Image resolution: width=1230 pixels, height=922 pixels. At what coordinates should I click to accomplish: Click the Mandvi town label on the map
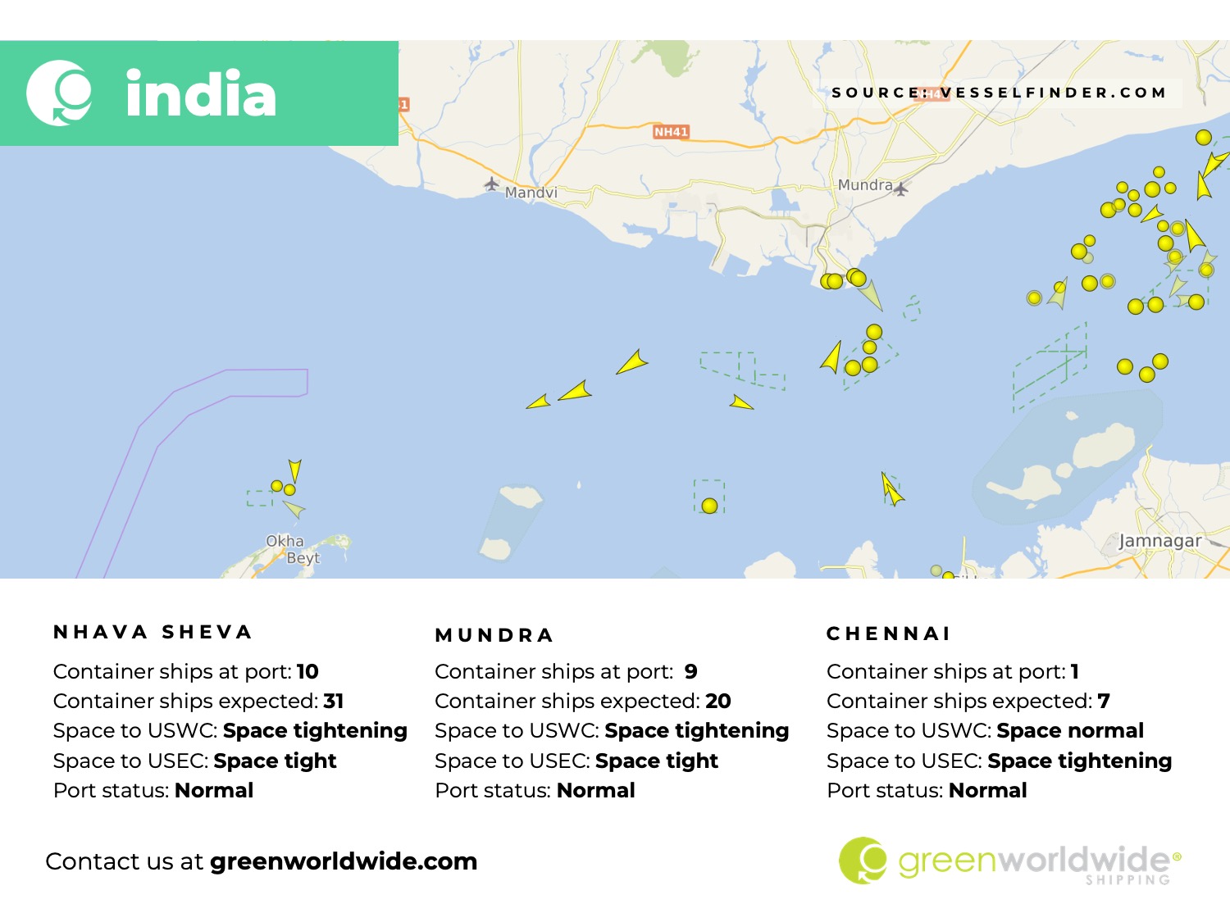531,193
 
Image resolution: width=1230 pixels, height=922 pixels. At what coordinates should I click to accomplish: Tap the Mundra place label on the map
864,185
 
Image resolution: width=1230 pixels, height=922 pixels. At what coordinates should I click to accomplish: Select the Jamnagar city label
1159,541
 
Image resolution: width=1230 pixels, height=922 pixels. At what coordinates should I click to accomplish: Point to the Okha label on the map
285,541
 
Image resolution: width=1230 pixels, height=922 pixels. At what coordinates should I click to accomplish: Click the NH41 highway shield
671,131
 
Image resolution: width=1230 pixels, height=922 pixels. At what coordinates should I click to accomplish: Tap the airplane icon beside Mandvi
492,184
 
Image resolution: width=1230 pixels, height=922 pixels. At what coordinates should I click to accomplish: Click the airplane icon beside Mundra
901,189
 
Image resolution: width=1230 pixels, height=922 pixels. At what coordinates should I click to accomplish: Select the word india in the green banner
201,94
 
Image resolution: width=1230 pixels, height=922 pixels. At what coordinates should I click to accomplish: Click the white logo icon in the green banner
59,93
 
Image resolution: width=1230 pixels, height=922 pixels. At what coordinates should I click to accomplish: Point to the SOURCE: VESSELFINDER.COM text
999,93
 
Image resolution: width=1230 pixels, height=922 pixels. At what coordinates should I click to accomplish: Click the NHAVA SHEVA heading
153,632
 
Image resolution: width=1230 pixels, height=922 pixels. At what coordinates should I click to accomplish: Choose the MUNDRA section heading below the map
494,635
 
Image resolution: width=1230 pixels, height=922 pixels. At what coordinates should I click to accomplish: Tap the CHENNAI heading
888,634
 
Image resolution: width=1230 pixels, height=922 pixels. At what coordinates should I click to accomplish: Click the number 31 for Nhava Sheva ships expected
334,702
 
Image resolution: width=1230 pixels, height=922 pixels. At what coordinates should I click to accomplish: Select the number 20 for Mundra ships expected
717,702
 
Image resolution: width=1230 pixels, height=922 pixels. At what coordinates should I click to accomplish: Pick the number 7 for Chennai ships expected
1104,702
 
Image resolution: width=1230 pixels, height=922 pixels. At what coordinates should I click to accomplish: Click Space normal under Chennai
1069,731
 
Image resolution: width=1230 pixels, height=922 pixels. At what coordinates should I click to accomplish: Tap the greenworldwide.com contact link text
343,861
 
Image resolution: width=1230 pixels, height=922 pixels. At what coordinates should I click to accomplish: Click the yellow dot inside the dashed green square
709,506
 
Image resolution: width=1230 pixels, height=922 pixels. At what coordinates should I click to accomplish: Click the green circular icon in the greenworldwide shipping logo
863,861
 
